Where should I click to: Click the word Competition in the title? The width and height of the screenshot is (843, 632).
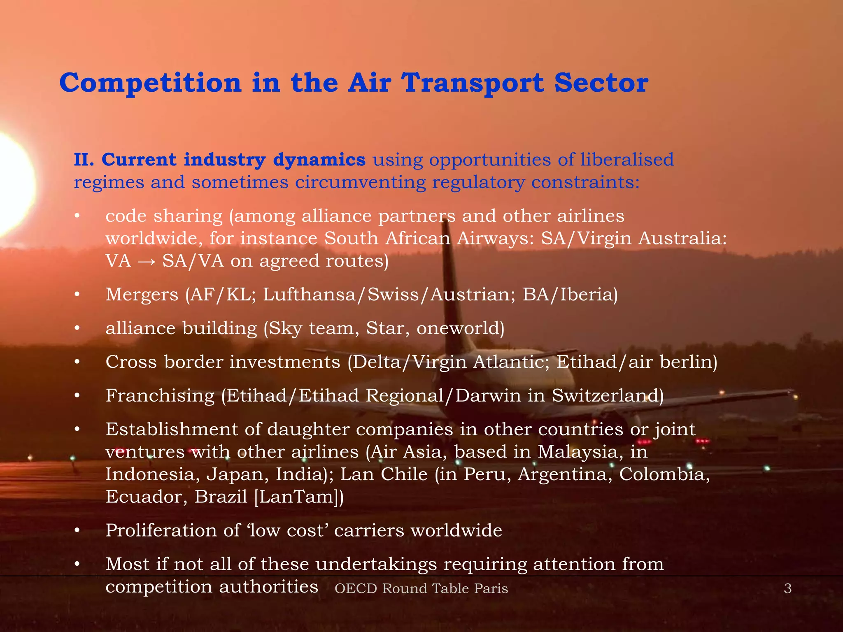pos(150,83)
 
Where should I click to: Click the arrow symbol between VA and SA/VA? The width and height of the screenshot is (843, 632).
pos(147,261)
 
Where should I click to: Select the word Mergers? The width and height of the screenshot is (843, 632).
pos(142,295)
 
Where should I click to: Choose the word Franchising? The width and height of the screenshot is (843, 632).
pos(160,396)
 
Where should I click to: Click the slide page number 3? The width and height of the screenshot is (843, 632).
pos(787,589)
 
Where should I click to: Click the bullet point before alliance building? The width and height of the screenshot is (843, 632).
pos(77,329)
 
